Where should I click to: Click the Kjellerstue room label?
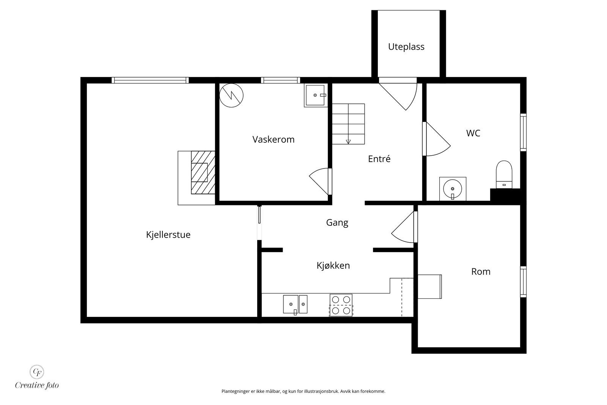click(168, 235)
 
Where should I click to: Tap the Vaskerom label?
click(273, 139)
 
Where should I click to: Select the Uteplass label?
click(406, 47)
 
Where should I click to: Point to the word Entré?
click(379, 159)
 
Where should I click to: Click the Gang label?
click(337, 223)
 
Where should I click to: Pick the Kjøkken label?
click(333, 265)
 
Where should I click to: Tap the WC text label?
click(473, 133)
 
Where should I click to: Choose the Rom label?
click(481, 272)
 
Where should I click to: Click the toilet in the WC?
click(504, 175)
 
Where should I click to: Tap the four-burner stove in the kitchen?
click(341, 305)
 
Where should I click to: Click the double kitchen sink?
click(295, 305)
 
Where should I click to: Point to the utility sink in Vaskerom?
click(315, 95)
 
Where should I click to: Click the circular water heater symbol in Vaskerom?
click(231, 95)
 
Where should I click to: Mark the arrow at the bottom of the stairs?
click(348, 142)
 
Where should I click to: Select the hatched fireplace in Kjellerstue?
click(203, 172)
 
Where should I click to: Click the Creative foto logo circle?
click(37, 372)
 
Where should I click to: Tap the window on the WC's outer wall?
click(523, 132)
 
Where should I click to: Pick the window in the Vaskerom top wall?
click(280, 80)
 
